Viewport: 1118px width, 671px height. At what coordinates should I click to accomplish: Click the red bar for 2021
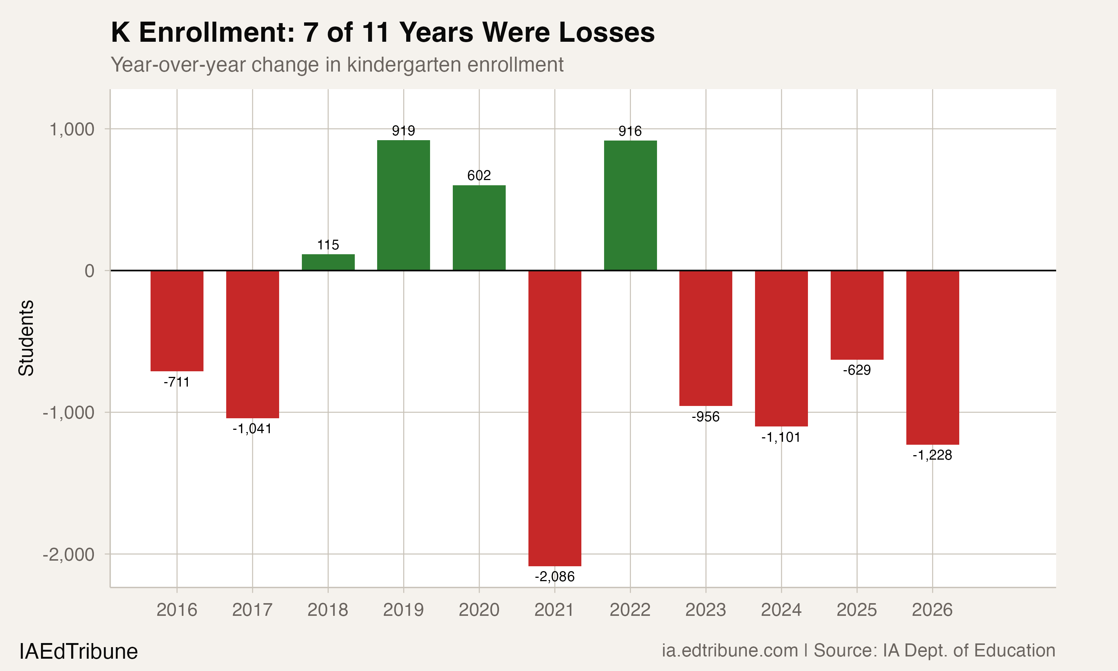(x=555, y=418)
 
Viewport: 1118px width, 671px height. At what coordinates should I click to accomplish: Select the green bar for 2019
(x=404, y=205)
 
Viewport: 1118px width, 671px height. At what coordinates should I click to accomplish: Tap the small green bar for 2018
(x=328, y=262)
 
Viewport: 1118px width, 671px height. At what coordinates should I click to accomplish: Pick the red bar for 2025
(x=857, y=315)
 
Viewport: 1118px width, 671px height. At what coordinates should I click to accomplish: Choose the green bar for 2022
(x=631, y=206)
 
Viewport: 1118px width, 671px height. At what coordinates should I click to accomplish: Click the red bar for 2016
(x=177, y=321)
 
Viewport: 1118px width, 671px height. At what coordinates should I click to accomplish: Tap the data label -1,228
(x=932, y=455)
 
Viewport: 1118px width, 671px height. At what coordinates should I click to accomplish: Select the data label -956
(x=705, y=417)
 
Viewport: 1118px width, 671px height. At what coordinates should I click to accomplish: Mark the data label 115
(x=328, y=245)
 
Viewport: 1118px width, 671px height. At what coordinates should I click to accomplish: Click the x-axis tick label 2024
(x=781, y=610)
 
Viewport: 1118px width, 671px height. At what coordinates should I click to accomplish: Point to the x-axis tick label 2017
(x=252, y=610)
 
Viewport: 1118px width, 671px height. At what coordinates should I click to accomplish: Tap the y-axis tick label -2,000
(x=69, y=554)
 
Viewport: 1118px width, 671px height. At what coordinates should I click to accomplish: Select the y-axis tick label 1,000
(x=72, y=130)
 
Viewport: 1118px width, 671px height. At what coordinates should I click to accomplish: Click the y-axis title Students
(x=26, y=338)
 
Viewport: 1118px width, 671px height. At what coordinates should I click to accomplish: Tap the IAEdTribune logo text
(x=78, y=652)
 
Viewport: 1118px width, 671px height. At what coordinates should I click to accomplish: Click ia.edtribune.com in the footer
(x=730, y=650)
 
